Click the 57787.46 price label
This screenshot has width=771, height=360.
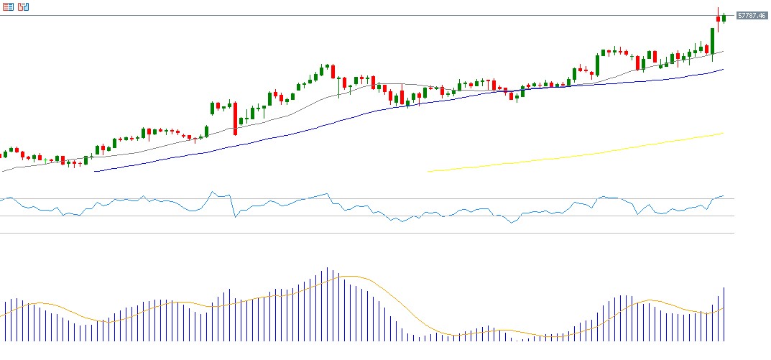[x=751, y=15]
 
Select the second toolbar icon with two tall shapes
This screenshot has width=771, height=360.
[x=24, y=6]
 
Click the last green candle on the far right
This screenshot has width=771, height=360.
[x=724, y=17]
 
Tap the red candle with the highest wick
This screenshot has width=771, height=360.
[x=718, y=18]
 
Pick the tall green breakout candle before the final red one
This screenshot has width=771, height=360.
[x=712, y=40]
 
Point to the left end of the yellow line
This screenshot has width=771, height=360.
[x=428, y=171]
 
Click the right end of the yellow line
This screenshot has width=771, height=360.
[x=723, y=133]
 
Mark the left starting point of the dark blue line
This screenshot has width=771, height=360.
[x=95, y=171]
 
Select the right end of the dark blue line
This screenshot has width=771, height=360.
[x=723, y=70]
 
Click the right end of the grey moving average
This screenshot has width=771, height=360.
[x=723, y=51]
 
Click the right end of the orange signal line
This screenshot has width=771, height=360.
[x=723, y=308]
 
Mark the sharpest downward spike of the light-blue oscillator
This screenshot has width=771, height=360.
[x=235, y=216]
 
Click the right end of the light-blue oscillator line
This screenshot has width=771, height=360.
[x=724, y=195]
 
